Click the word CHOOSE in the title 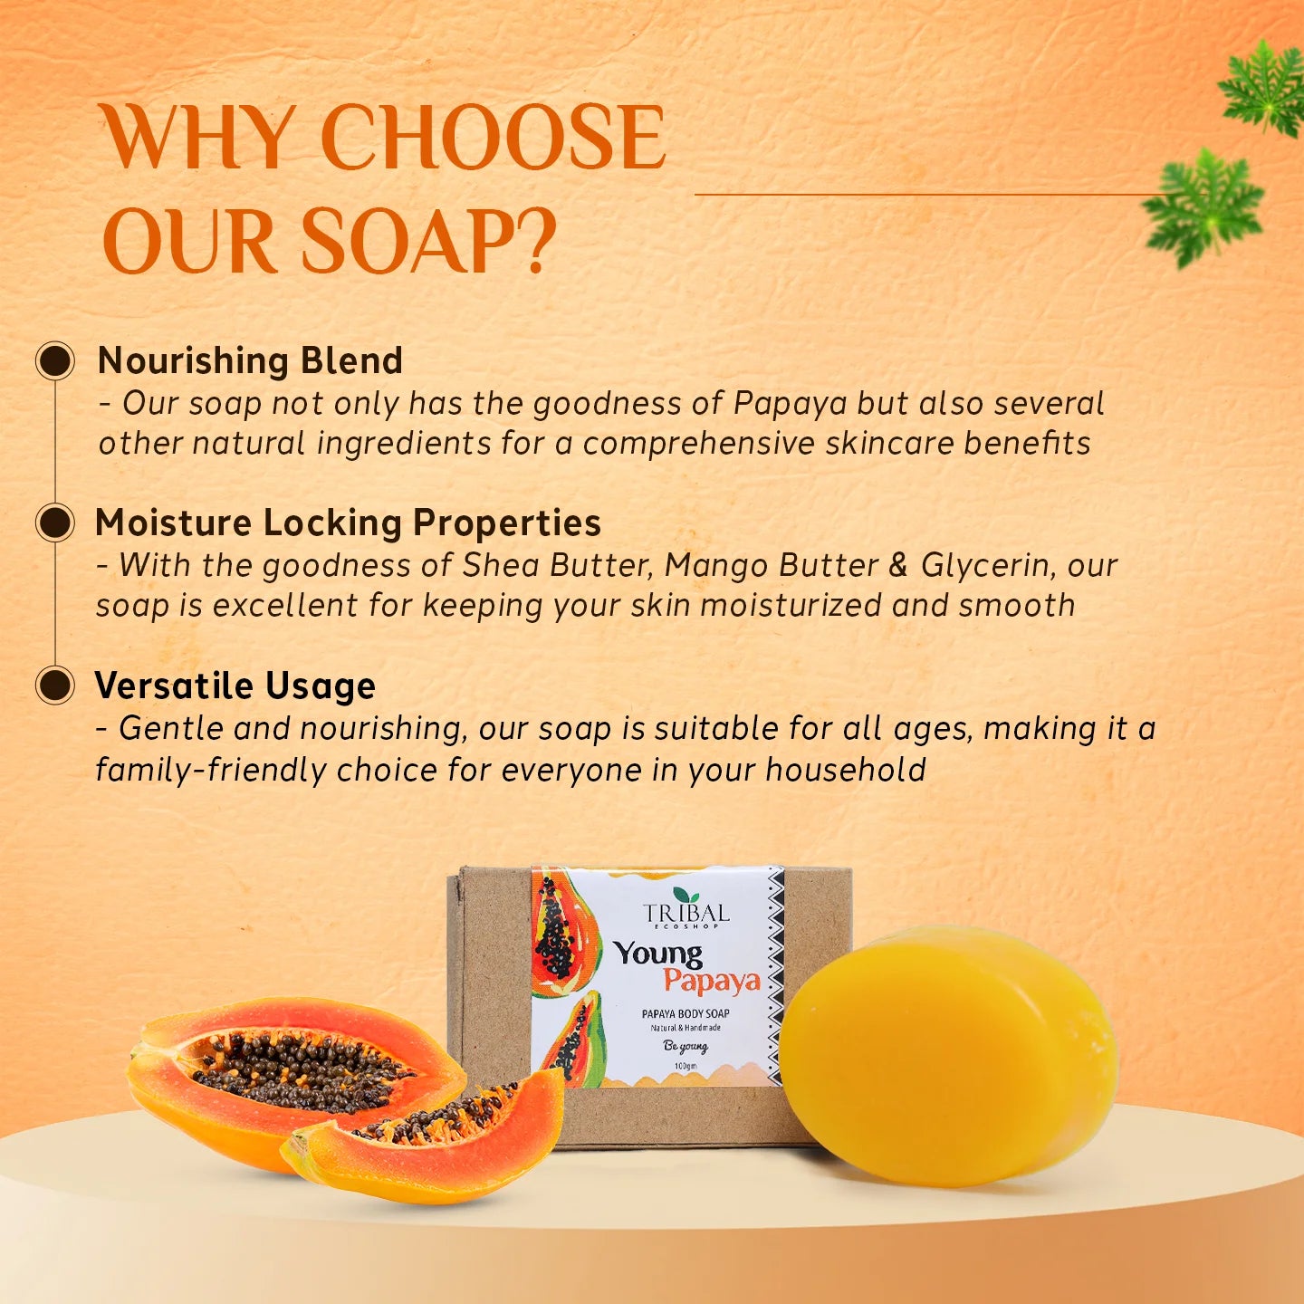(494, 138)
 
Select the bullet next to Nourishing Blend (55, 361)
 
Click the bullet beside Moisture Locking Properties (55, 523)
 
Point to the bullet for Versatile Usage (55, 686)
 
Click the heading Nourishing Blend (250, 360)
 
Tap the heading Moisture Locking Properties (349, 523)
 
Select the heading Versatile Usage (235, 686)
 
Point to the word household (846, 770)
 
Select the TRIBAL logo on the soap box (686, 910)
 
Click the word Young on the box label (658, 953)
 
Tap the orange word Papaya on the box (712, 981)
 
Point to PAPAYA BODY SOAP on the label (686, 1013)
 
